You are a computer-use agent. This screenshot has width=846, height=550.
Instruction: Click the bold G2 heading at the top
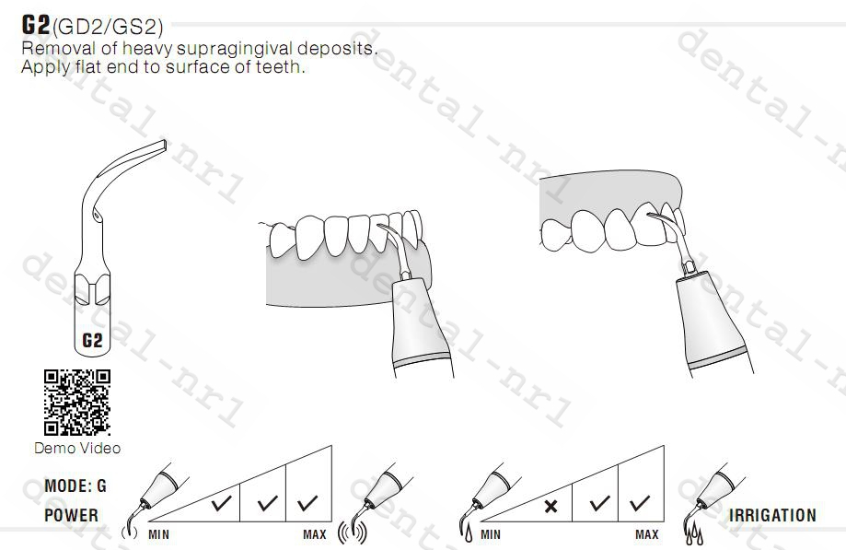pos(37,25)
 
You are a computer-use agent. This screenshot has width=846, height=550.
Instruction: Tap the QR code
pos(77,402)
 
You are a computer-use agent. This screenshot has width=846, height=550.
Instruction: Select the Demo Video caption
pos(77,448)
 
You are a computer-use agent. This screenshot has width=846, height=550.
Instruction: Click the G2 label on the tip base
pos(92,340)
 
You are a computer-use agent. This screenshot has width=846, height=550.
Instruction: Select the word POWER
pos(71,515)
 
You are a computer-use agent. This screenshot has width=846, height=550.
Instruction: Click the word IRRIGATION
pos(772,515)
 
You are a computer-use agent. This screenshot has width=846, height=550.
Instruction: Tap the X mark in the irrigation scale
pos(550,505)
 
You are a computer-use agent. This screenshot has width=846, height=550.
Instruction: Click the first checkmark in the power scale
pos(220,504)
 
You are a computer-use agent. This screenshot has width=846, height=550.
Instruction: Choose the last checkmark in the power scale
pos(308,504)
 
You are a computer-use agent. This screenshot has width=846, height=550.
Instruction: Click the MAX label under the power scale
pos(315,534)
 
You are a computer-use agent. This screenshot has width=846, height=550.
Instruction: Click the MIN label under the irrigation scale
pos(491,534)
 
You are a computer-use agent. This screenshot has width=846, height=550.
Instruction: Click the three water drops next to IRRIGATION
pos(693,532)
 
